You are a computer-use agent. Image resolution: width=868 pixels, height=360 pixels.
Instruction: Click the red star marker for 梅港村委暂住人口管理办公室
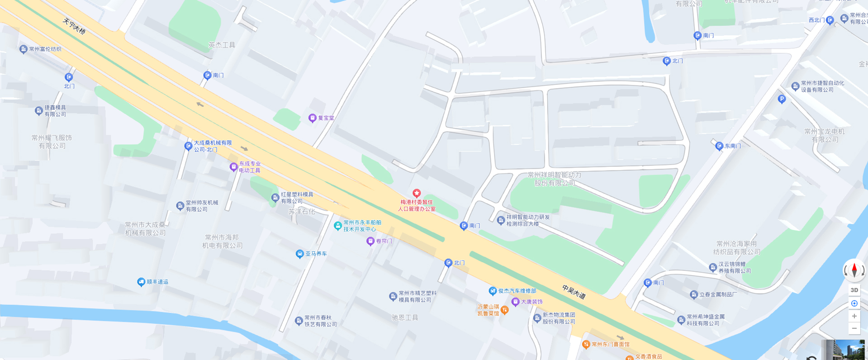[417, 194]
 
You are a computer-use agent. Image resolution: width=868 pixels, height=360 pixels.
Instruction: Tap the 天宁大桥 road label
[74, 27]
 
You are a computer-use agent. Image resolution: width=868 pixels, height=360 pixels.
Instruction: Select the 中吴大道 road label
[574, 292]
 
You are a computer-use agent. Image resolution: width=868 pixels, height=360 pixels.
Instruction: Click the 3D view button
[854, 290]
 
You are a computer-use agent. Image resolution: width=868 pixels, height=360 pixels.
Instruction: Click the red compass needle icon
[854, 270]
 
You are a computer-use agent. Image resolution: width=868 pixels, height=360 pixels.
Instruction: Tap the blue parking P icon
[782, 99]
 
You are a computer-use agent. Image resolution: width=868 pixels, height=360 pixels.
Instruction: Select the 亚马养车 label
[316, 254]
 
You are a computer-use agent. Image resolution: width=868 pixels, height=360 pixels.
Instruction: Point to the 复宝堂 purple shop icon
[312, 118]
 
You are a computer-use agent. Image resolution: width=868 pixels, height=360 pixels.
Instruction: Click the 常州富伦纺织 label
[45, 49]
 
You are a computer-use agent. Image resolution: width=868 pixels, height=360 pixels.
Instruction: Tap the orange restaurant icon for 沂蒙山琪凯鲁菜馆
[505, 310]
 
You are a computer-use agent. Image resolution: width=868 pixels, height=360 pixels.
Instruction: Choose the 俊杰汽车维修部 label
[517, 291]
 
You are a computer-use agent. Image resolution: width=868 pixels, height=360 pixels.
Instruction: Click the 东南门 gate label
[733, 146]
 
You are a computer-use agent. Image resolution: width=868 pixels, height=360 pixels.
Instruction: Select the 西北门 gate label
[816, 20]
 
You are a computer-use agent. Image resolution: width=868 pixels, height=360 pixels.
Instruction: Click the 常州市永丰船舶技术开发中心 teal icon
[337, 226]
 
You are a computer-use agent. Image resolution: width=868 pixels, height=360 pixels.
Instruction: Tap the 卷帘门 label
[384, 242]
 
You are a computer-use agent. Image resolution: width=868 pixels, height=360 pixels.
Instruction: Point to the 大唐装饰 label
[531, 302]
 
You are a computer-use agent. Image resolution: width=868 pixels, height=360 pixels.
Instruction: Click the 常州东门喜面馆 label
[610, 345]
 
